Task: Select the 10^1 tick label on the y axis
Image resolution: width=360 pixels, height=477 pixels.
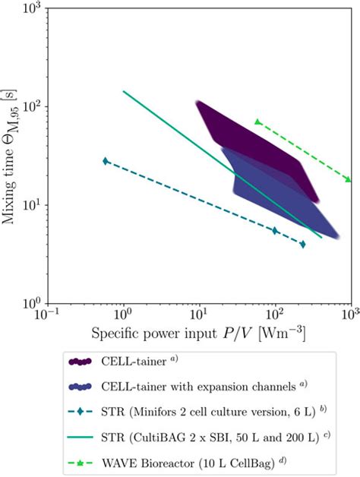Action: coord(31,205)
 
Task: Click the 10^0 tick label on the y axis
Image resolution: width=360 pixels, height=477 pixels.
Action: coord(31,303)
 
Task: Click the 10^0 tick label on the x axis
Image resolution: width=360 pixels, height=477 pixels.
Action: coord(123,316)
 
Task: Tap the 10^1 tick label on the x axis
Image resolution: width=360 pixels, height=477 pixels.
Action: coord(199,316)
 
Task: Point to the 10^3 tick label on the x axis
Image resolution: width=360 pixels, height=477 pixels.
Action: coord(349,316)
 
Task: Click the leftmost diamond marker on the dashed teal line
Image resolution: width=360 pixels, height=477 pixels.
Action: coord(106,161)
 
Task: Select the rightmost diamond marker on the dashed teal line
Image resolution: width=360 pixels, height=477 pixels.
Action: coord(303,244)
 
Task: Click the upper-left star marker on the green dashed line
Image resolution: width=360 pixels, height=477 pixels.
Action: coord(258,122)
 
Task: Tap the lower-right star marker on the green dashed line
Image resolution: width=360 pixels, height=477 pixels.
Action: coord(349,179)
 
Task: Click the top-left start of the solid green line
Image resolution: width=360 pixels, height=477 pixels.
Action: coord(124,92)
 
